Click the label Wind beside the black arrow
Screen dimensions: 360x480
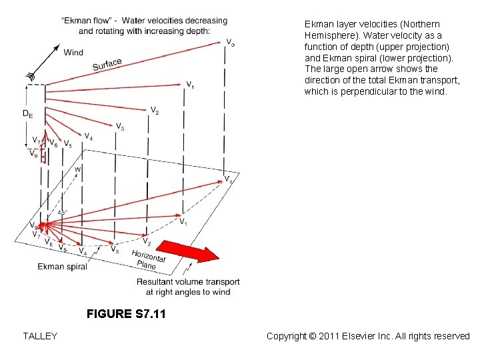[73, 53]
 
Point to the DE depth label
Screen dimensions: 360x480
[27, 114]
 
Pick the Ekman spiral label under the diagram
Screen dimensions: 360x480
[62, 267]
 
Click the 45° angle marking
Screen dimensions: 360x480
[63, 212]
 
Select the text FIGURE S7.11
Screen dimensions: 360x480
[126, 314]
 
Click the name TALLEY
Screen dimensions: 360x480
[39, 336]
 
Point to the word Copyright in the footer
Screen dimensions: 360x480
[289, 336]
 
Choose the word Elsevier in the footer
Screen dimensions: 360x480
[363, 336]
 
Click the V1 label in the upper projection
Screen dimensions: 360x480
[191, 85]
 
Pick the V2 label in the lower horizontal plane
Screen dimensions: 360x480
[147, 241]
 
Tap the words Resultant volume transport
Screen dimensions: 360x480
[188, 282]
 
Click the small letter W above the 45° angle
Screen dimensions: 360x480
[77, 170]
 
